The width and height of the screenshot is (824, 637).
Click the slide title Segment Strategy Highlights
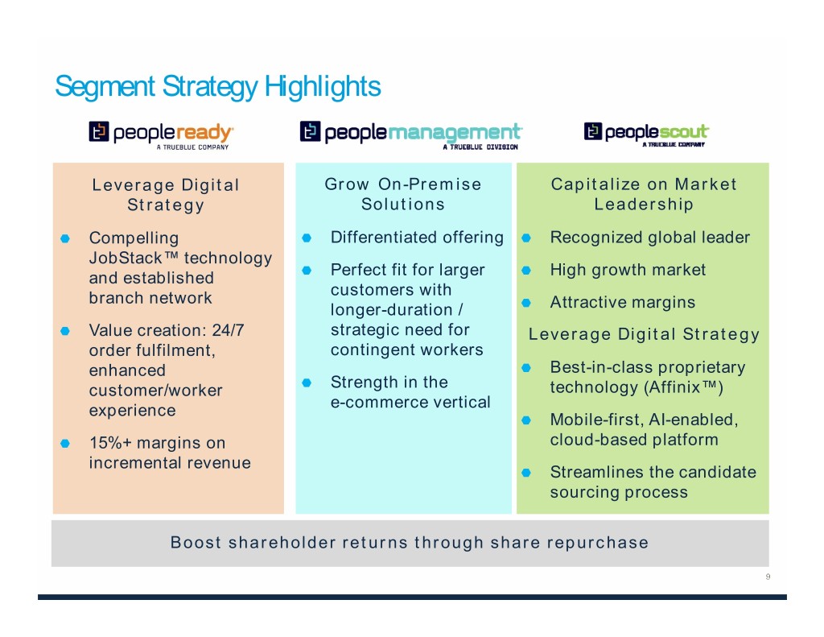217,87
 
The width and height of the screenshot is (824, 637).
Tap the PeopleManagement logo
410,135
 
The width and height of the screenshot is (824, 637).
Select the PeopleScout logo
646,134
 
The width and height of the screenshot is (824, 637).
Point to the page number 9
768,577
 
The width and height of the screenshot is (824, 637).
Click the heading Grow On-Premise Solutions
403,194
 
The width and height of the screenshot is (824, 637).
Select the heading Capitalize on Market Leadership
644,194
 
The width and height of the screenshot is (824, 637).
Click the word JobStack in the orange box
125,258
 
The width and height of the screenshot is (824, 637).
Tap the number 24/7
228,330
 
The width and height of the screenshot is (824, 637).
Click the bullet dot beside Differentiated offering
307,238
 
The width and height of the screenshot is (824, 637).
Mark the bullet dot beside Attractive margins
526,303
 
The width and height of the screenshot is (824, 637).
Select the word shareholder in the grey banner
282,542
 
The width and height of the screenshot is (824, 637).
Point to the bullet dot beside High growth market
526,271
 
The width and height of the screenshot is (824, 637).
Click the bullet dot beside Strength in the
307,383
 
